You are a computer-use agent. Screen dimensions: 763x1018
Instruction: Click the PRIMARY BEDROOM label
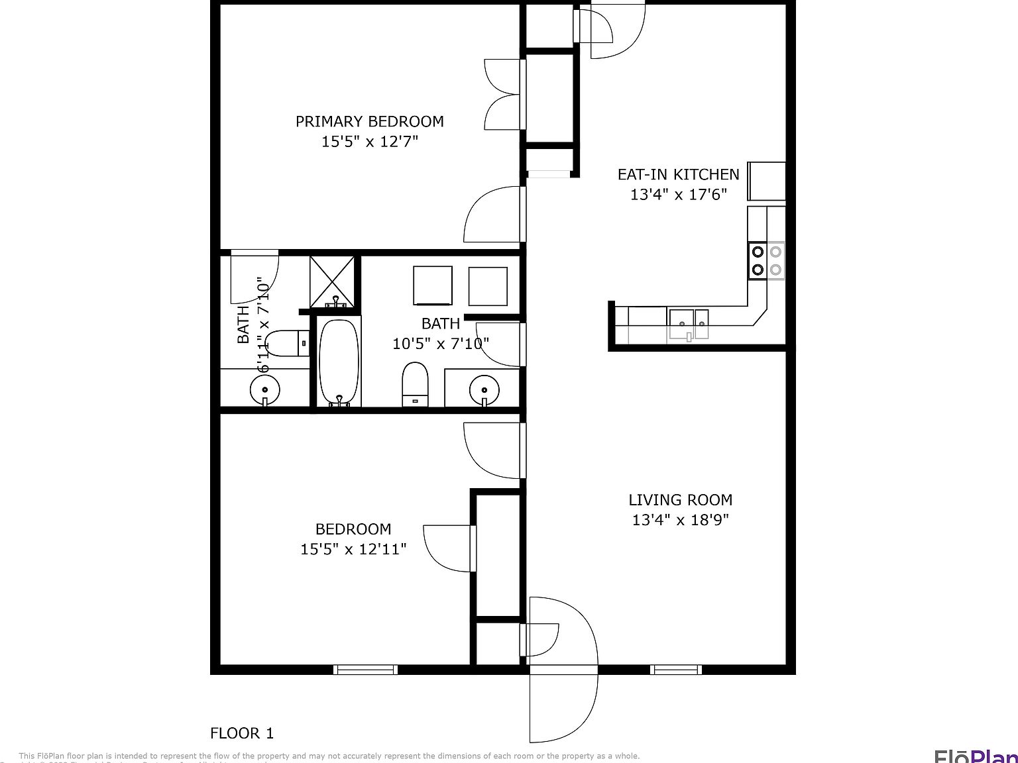pos(369,122)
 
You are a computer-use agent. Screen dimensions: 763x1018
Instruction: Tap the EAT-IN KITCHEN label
pos(678,175)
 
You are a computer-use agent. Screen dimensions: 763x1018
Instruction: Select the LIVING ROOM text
pos(680,500)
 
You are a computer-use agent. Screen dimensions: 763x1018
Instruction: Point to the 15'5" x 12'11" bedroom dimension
pos(353,549)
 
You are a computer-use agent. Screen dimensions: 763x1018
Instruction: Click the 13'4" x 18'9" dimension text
pos(680,520)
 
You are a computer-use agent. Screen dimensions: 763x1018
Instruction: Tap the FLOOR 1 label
pos(241,733)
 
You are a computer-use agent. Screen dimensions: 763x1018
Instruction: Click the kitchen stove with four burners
pos(766,261)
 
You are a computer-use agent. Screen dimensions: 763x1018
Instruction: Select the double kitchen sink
pos(689,323)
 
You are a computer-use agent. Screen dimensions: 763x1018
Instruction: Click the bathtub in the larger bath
pos(339,362)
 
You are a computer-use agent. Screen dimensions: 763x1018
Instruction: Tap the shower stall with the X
pos(333,281)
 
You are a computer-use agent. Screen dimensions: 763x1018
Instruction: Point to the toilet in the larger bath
pos(416,384)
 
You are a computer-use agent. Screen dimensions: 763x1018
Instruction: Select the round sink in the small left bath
pos(264,389)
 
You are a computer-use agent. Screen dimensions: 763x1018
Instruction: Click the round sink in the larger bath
pos(484,389)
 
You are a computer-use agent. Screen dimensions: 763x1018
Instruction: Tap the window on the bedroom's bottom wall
pos(365,670)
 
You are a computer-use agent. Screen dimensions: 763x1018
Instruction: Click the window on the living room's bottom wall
pos(675,670)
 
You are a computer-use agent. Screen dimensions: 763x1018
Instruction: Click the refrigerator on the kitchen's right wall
pos(767,181)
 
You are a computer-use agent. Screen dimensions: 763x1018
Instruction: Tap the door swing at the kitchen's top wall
pos(613,30)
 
